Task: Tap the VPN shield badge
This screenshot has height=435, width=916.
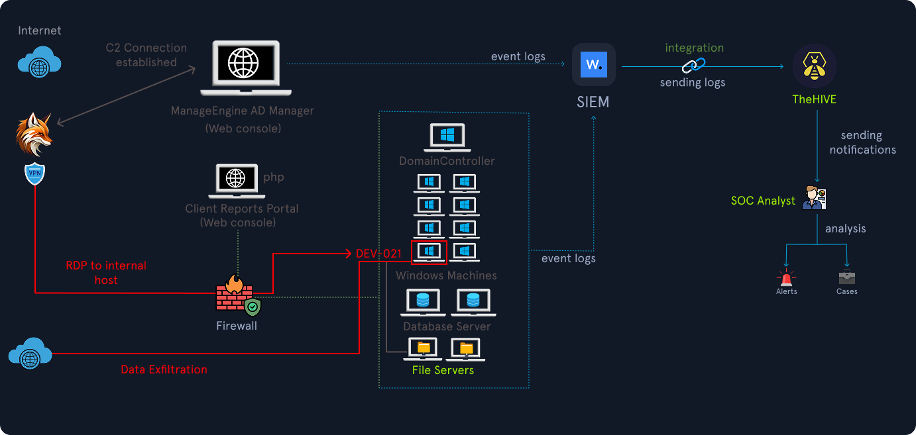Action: tap(34, 175)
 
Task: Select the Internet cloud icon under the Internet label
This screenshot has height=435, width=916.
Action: tap(40, 62)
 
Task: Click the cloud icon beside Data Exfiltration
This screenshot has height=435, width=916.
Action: tap(30, 354)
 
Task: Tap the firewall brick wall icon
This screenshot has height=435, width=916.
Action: tap(234, 295)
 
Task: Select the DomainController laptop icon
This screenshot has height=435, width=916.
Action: tap(447, 137)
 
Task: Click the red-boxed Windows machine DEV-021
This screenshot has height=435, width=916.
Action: tap(429, 252)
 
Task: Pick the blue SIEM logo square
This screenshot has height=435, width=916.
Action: tap(594, 65)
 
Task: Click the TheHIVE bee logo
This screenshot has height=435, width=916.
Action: tap(815, 66)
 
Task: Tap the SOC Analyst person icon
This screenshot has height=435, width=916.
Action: tap(813, 198)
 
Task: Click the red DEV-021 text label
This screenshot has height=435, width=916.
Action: tap(378, 254)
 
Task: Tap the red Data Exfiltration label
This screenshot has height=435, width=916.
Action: tap(164, 369)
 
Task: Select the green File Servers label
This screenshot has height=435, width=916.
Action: tap(443, 370)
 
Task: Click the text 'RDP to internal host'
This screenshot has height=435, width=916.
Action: tap(106, 273)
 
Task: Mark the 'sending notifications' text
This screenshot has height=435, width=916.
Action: tap(862, 142)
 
